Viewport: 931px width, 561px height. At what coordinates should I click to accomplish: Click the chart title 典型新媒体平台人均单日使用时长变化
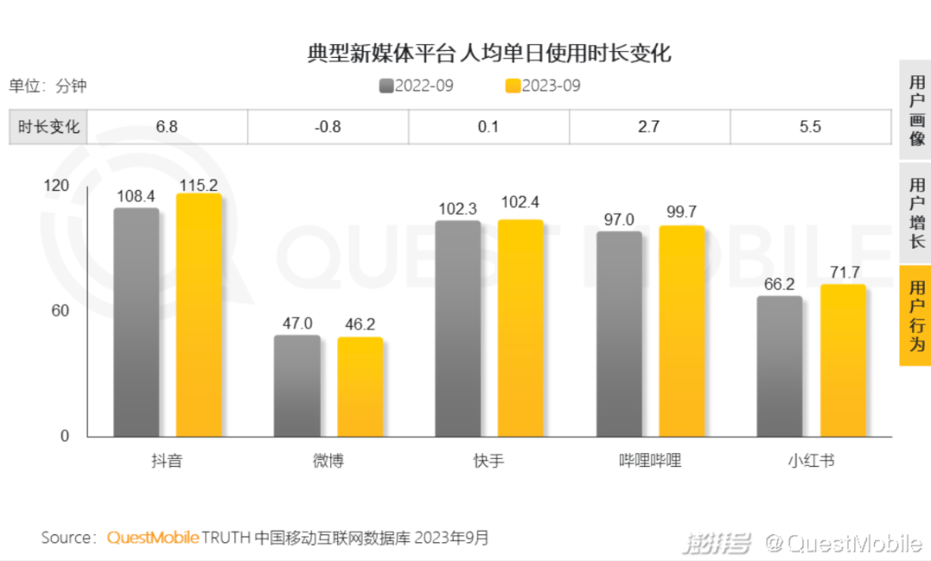pyautogui.click(x=489, y=54)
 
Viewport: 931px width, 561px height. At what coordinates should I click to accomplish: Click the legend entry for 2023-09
pyautogui.click(x=543, y=86)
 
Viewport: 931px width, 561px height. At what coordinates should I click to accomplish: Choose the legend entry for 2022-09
pyautogui.click(x=416, y=86)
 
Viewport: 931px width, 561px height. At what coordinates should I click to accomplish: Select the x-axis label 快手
pyautogui.click(x=489, y=461)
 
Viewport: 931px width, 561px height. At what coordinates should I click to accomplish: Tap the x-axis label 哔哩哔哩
pyautogui.click(x=650, y=461)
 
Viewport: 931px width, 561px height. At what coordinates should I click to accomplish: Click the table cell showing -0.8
pyautogui.click(x=328, y=127)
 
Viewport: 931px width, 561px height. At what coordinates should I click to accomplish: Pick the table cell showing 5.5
pyautogui.click(x=810, y=127)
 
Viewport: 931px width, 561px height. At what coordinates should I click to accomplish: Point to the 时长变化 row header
pyautogui.click(x=48, y=127)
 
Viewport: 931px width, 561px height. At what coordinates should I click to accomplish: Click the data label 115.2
pyautogui.click(x=198, y=185)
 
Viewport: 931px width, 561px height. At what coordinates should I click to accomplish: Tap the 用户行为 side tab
pyautogui.click(x=916, y=316)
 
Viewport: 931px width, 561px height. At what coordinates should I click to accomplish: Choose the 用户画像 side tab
pyautogui.click(x=916, y=110)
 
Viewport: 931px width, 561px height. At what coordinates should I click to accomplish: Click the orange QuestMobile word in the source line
pyautogui.click(x=153, y=538)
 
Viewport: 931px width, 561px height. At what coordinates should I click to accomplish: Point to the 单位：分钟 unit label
pyautogui.click(x=48, y=86)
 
